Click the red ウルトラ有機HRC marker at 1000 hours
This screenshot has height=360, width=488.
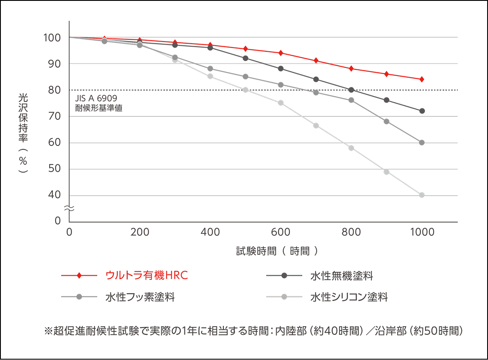click(x=422, y=79)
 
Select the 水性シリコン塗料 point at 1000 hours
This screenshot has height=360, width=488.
click(x=422, y=195)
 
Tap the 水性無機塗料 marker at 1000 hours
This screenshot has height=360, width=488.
click(x=422, y=111)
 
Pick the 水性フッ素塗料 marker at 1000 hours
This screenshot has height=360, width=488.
click(x=422, y=143)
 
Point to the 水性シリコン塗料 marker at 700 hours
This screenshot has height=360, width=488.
click(x=316, y=125)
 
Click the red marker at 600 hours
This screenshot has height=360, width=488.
click(x=281, y=53)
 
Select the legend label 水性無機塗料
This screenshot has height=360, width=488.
click(x=341, y=276)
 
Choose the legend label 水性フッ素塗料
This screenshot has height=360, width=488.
click(x=140, y=297)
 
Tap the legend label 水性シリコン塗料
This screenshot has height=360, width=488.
click(x=349, y=297)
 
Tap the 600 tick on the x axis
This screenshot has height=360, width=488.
click(x=281, y=232)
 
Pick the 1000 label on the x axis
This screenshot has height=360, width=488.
click(x=422, y=232)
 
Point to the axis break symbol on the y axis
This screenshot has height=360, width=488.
click(x=69, y=208)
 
